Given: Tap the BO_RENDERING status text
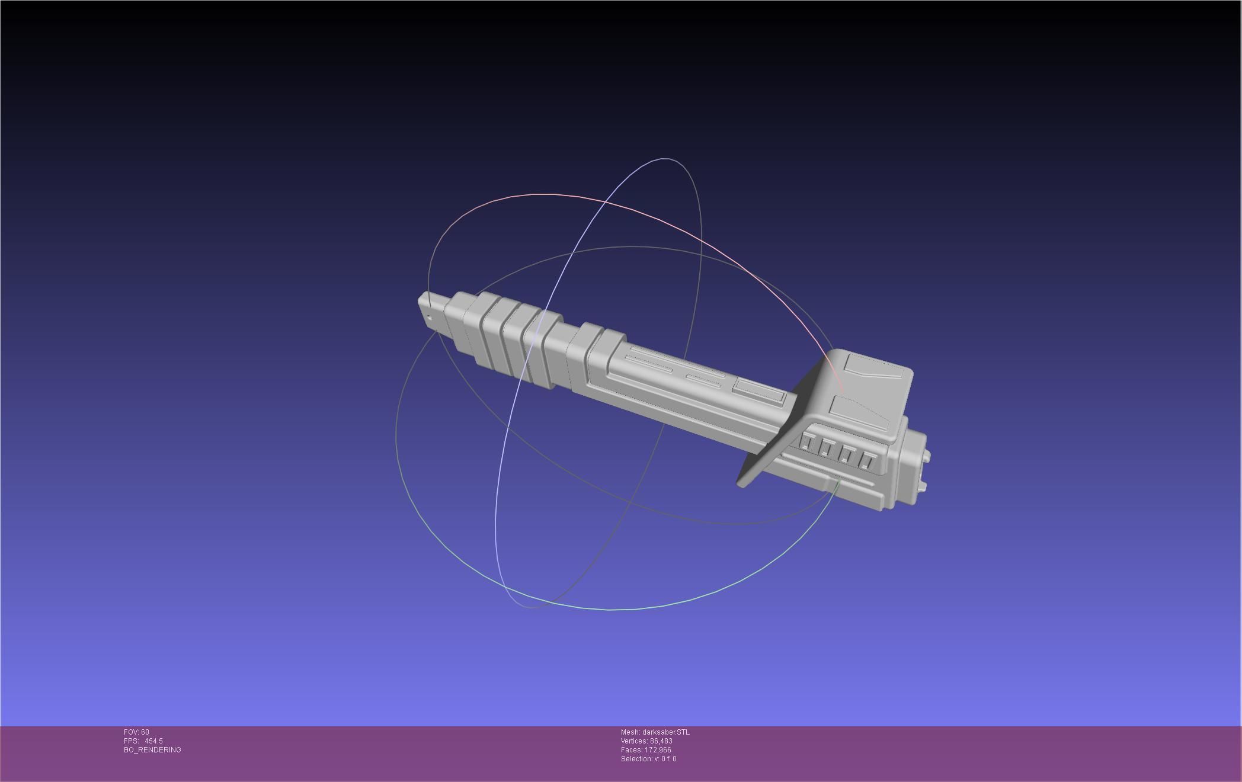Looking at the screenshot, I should coord(152,750).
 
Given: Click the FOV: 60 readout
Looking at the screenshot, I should coord(136,732).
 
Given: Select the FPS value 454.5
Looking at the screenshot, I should coord(153,741).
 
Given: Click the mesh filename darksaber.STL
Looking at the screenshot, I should coord(665,732).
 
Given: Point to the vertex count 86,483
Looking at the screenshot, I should coord(661,741).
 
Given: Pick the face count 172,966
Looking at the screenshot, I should coord(658,750).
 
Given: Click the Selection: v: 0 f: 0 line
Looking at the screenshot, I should coord(648,759).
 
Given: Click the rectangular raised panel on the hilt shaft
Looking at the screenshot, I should coord(758,390).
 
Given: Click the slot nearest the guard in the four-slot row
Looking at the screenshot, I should coord(807,441).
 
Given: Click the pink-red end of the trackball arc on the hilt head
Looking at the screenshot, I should coord(842,389).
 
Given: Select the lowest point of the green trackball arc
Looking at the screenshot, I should coord(610,609).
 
